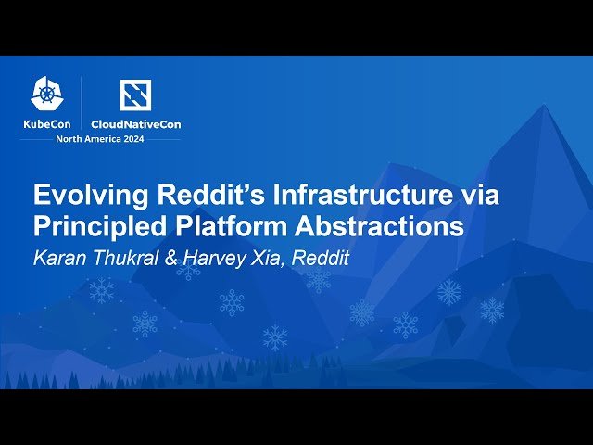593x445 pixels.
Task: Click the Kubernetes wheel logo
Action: point(46,92)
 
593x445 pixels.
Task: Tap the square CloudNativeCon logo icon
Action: point(136,95)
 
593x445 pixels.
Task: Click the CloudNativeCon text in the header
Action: point(135,123)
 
